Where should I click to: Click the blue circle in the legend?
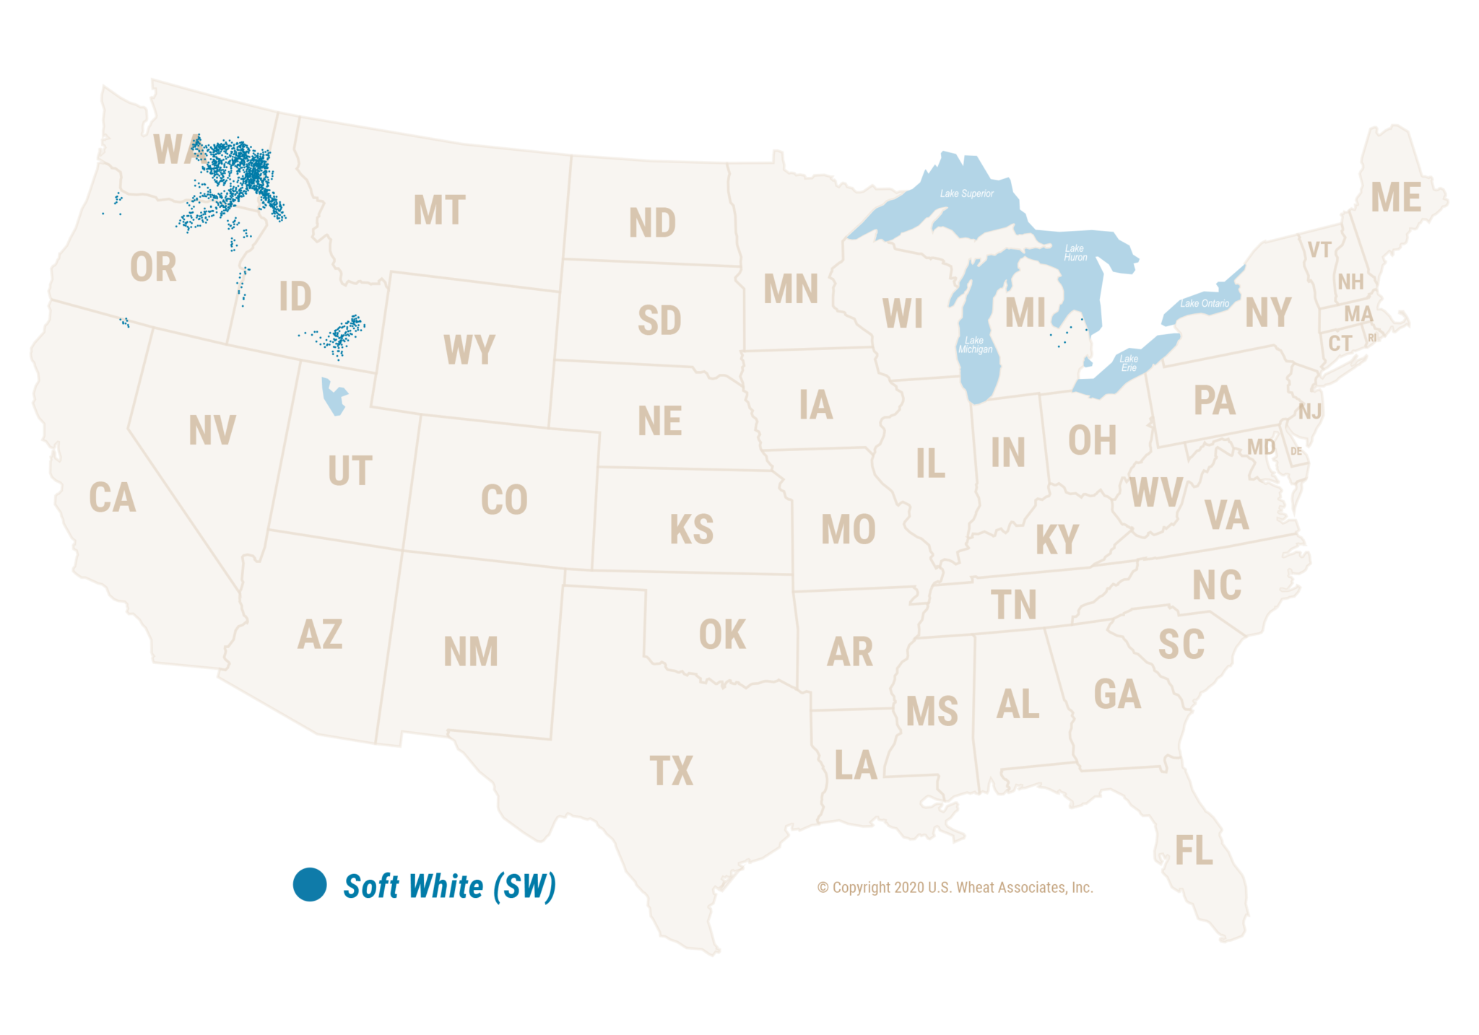tap(310, 884)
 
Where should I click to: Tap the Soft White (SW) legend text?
tap(449, 886)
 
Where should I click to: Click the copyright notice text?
tap(955, 887)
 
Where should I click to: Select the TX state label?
tap(671, 771)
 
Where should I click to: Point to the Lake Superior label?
tap(966, 193)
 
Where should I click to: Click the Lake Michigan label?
tap(975, 345)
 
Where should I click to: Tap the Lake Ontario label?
tap(1204, 303)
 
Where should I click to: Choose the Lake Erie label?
tap(1129, 363)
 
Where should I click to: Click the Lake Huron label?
tap(1075, 253)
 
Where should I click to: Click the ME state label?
tap(1396, 198)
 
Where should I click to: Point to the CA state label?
tap(112, 498)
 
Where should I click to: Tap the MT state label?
tap(439, 211)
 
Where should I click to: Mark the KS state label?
tap(691, 530)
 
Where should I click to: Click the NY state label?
tap(1268, 313)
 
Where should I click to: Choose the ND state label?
tap(652, 223)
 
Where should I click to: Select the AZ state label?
tap(320, 634)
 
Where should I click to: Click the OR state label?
tap(153, 267)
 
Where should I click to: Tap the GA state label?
tap(1116, 694)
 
